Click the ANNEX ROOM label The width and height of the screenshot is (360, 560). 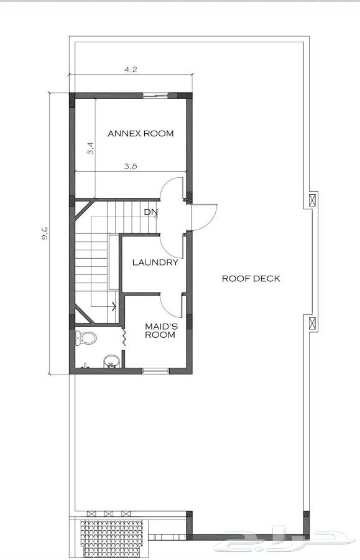coord(141,134)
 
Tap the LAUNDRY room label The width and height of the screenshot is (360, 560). coord(155,263)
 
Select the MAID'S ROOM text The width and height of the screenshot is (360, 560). coord(160,331)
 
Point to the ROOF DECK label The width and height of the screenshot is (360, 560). coord(251,279)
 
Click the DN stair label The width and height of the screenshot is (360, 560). coord(150,212)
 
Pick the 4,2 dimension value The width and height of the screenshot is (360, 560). coord(131,69)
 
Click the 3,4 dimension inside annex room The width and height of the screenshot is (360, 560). coord(91,148)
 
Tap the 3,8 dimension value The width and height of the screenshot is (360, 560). coord(131,166)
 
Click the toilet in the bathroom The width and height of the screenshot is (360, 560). coord(86,338)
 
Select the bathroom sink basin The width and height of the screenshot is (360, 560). coord(111,361)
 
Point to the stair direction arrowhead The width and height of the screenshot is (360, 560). coord(114,306)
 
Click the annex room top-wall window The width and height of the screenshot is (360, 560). coord(155,95)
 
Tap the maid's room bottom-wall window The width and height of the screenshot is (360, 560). coord(155,371)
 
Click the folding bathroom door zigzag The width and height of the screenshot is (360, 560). coord(124,337)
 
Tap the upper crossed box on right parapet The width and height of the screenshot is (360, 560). coord(313,200)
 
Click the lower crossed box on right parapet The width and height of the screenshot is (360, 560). coord(313,323)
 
